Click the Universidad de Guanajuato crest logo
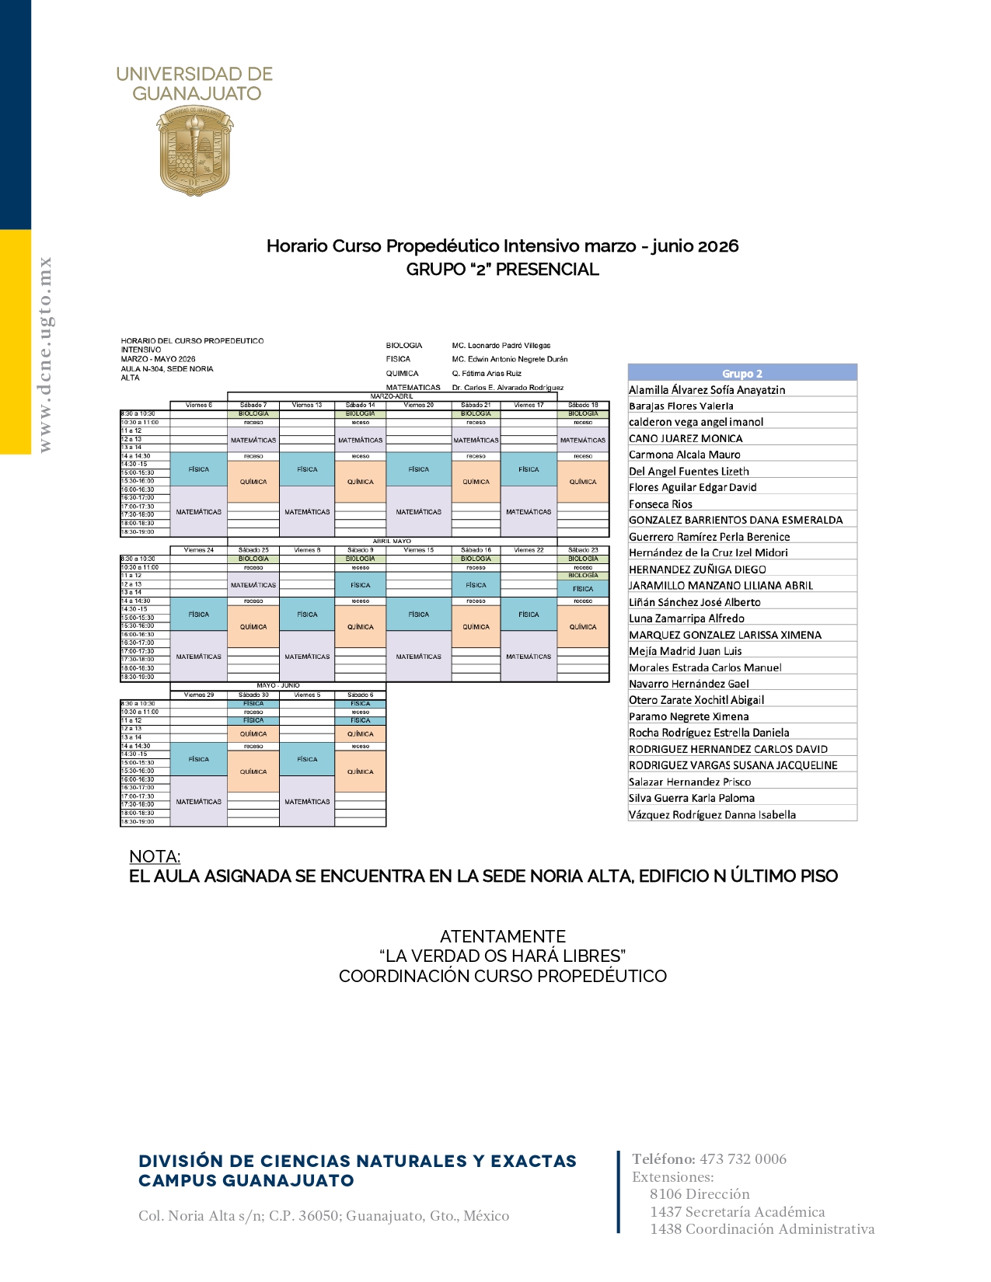(x=194, y=151)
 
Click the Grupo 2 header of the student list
(x=742, y=373)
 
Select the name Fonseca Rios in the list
(x=661, y=503)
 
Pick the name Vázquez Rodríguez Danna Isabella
(x=712, y=814)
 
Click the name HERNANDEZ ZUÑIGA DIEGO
(x=697, y=570)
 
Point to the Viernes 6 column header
(x=198, y=405)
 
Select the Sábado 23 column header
(x=583, y=550)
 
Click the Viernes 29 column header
(x=198, y=695)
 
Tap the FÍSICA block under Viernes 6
(x=198, y=469)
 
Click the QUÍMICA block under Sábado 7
(x=253, y=482)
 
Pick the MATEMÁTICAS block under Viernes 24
(x=198, y=657)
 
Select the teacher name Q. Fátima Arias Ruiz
(x=487, y=373)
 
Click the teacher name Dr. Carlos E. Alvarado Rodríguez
(x=508, y=387)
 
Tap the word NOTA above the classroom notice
(x=155, y=856)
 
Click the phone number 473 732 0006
(x=742, y=1159)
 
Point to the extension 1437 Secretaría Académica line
(x=737, y=1211)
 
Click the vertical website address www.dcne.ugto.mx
(x=45, y=354)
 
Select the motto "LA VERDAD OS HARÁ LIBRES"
(x=502, y=956)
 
